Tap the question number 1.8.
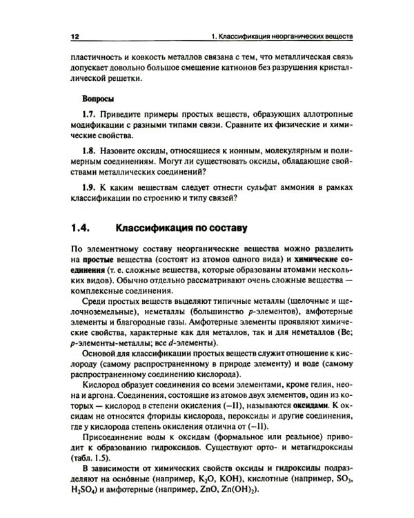tap(90, 150)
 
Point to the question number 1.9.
tap(90, 187)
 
